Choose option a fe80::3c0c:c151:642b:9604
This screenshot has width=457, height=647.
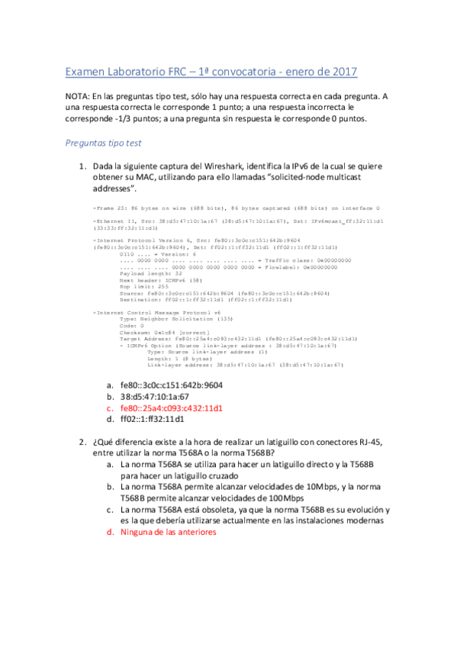(172, 385)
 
